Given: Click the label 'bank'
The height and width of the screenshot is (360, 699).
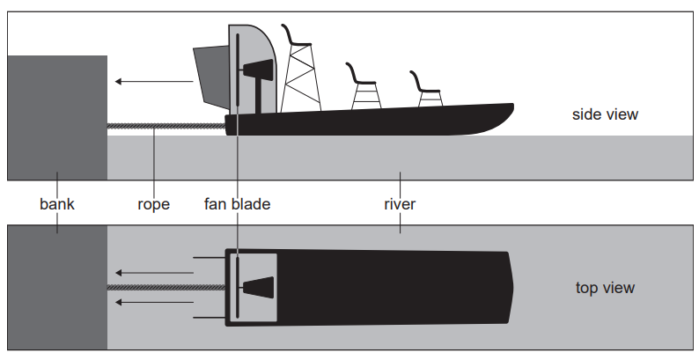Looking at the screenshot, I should [x=57, y=204].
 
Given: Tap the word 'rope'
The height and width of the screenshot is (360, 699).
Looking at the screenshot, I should [x=153, y=204].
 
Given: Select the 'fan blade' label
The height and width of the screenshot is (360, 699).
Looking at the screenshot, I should [x=237, y=204].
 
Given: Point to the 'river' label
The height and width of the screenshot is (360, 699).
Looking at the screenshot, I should [x=400, y=204].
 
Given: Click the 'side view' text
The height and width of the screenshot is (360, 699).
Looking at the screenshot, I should [x=605, y=114].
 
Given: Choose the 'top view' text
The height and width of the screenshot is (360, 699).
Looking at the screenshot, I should [x=605, y=288].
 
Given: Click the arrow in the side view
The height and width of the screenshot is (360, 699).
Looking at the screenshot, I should [x=153, y=82].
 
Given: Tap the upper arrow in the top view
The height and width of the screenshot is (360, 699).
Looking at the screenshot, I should [x=153, y=272].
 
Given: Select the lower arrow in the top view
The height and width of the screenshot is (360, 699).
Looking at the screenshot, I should [x=153, y=303].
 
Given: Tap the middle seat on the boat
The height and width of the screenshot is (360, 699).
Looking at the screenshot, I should [x=362, y=74].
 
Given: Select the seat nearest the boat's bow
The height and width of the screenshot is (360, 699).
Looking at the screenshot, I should [x=428, y=82].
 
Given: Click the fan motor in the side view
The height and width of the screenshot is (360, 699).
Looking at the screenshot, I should [x=261, y=70].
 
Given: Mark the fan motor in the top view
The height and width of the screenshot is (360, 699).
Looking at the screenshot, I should [x=261, y=287].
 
